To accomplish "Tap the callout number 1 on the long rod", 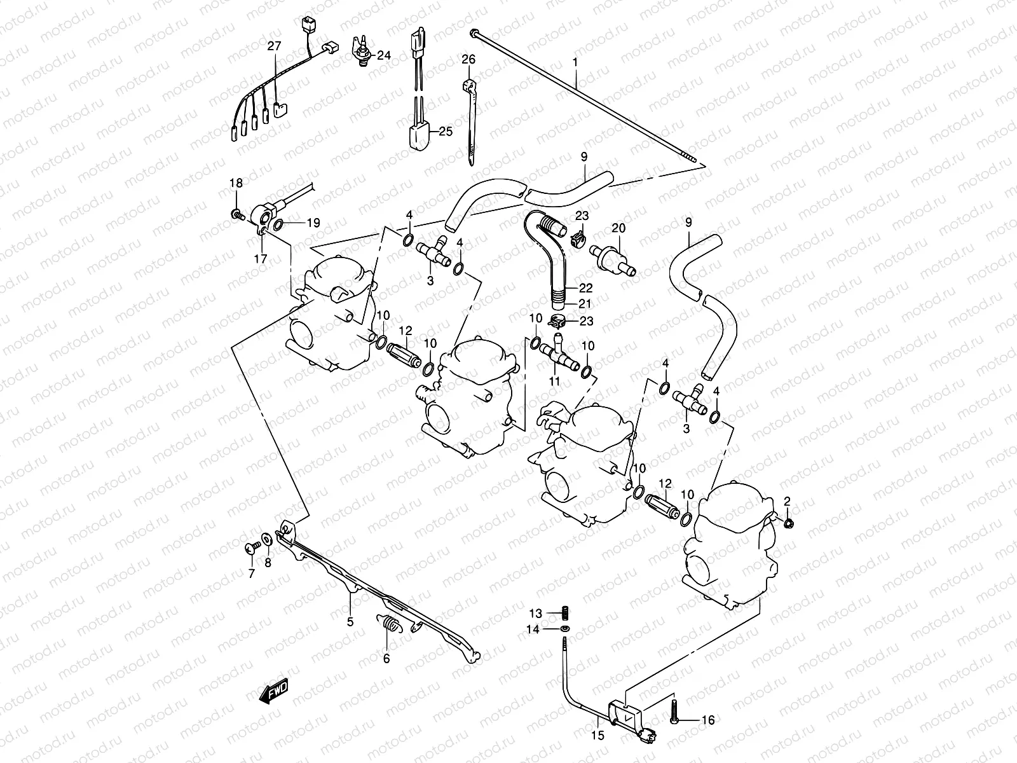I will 575,63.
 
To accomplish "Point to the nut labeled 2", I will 788,523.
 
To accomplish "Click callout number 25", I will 445,132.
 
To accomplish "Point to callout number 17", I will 261,259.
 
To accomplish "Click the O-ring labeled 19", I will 280,223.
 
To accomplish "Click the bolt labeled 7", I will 250,547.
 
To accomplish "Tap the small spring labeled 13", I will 564,613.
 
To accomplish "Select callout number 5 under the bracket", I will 350,622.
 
